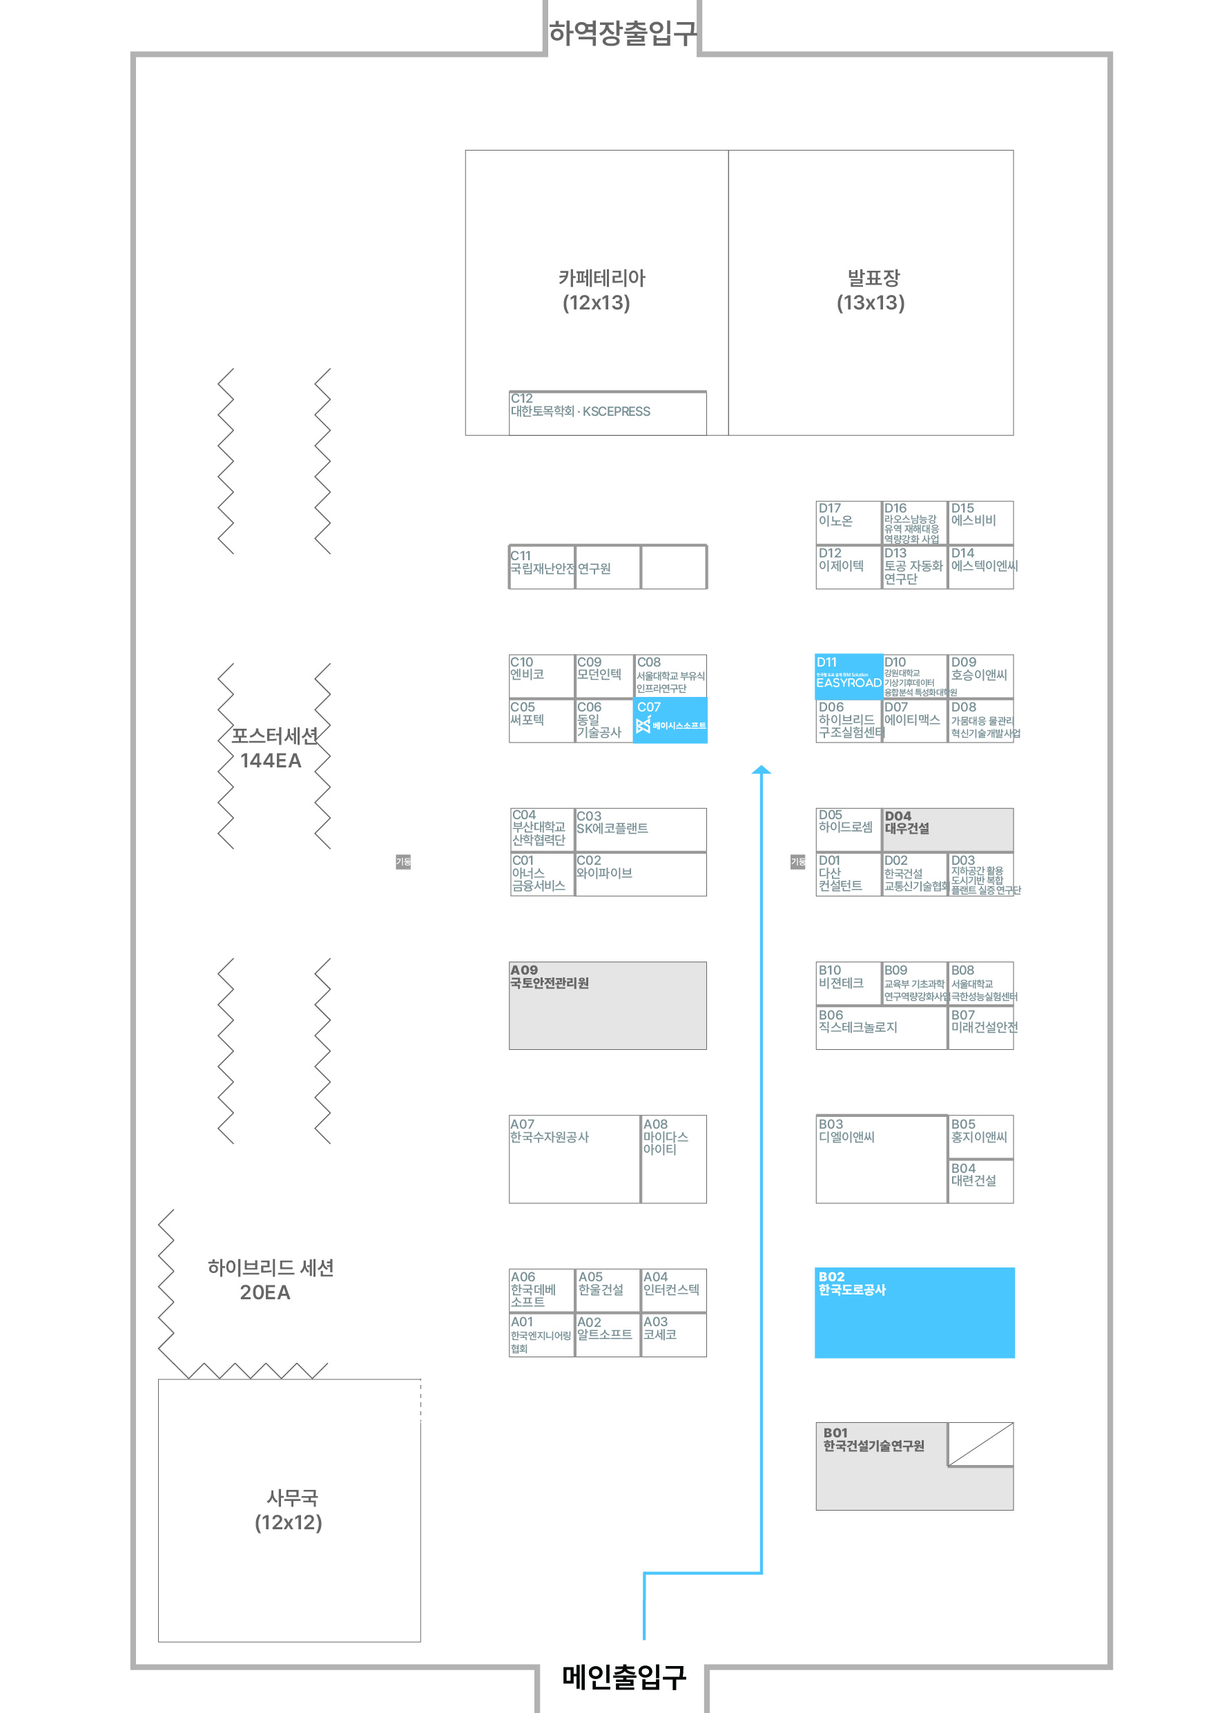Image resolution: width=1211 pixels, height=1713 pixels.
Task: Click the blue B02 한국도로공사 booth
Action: click(x=914, y=1312)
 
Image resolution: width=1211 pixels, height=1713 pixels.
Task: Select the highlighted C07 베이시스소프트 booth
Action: click(x=670, y=720)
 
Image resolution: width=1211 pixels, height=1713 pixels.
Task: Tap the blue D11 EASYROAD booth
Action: click(x=849, y=676)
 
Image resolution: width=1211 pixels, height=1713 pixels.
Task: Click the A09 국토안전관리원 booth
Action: click(x=607, y=1005)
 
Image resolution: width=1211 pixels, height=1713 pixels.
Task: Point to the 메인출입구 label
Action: click(x=623, y=1676)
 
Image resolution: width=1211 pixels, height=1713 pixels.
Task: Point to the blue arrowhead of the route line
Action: click(x=761, y=770)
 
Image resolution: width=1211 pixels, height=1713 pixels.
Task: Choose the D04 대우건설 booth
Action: click(x=947, y=829)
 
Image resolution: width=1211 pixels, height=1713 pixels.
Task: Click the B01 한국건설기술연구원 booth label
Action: click(x=873, y=1439)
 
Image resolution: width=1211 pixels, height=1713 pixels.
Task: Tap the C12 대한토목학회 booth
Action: click(x=607, y=412)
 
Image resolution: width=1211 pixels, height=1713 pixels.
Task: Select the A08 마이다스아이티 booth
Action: click(x=673, y=1158)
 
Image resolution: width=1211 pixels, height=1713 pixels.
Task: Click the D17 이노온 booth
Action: click(x=848, y=522)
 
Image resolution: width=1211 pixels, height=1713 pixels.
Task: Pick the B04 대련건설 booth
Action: click(x=980, y=1180)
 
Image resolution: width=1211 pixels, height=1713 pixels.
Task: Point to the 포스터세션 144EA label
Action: click(x=273, y=747)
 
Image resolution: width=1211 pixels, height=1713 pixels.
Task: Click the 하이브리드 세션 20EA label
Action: click(x=270, y=1279)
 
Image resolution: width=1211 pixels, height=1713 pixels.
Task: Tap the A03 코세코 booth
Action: click(x=673, y=1334)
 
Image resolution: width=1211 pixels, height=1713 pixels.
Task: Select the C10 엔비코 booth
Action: click(x=541, y=676)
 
